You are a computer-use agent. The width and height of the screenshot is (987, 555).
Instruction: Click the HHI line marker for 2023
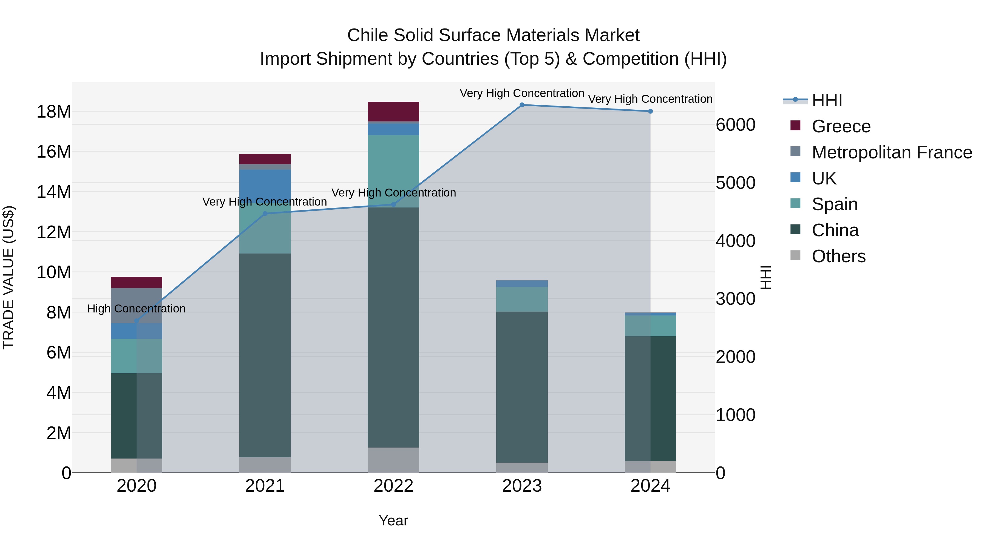click(x=522, y=105)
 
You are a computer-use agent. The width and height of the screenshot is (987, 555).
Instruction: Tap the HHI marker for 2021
click(x=265, y=214)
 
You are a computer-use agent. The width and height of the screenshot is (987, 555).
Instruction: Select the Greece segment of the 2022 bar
click(x=393, y=112)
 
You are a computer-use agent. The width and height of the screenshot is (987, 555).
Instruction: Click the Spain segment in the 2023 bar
click(x=522, y=299)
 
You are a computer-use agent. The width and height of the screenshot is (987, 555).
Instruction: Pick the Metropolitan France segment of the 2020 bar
click(x=137, y=305)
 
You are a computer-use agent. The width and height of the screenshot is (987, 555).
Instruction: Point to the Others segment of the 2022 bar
click(x=393, y=460)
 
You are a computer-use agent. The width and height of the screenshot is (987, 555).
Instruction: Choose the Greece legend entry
click(x=841, y=126)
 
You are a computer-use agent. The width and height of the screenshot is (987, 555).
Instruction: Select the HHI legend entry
click(x=827, y=100)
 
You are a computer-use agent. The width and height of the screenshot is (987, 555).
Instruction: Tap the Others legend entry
click(x=838, y=256)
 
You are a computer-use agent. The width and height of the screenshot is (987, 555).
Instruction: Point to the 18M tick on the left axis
click(x=54, y=112)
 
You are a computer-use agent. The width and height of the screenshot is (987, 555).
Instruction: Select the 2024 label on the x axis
click(x=650, y=486)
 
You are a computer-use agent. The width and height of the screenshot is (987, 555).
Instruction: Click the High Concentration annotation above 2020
click(x=137, y=308)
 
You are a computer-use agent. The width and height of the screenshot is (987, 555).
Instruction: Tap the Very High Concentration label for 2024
click(x=650, y=99)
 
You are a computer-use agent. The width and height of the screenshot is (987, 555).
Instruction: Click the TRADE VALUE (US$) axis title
click(x=8, y=277)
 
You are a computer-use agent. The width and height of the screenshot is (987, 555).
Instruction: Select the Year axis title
click(x=393, y=520)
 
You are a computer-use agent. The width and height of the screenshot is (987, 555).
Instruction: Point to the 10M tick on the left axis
click(x=54, y=272)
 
